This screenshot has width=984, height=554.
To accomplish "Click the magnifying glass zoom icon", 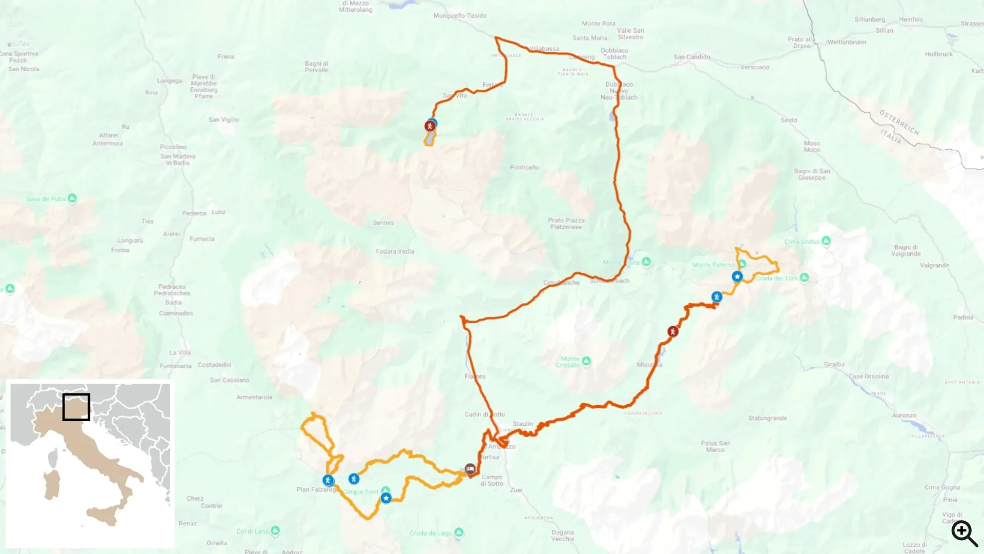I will click(964, 533).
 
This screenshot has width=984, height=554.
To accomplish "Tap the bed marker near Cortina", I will click(470, 469).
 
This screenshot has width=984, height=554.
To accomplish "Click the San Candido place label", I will click(691, 57).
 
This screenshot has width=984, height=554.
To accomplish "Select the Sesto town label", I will click(789, 120).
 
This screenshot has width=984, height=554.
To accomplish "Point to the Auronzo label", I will click(904, 415).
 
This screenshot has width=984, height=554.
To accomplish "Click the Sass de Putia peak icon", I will click(72, 198).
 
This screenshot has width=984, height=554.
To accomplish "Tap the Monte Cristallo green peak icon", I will click(586, 361).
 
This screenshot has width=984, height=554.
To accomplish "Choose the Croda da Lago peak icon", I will click(459, 532).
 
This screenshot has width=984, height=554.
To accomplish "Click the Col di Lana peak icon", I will click(275, 530).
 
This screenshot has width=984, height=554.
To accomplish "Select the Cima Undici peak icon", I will click(826, 241).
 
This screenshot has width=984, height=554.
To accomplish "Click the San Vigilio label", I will click(223, 120).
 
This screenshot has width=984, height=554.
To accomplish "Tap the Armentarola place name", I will click(254, 397).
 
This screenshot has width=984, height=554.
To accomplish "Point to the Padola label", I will click(963, 317).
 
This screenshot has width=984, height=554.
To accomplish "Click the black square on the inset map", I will click(76, 407).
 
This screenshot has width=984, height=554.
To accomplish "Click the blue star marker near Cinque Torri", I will click(386, 498).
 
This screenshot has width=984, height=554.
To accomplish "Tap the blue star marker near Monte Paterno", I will click(737, 276).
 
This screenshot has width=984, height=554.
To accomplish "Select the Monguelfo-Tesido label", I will click(460, 15).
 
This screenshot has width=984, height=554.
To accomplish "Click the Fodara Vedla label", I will click(395, 251).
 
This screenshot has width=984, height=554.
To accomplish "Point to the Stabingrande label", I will click(767, 418).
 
